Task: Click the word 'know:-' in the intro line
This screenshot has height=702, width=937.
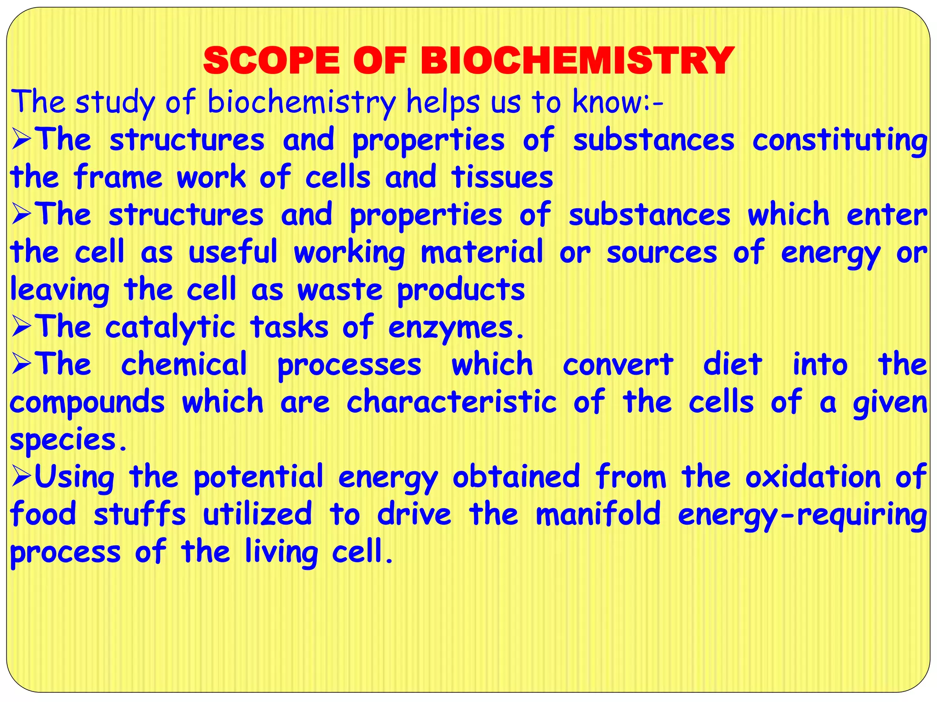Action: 618,102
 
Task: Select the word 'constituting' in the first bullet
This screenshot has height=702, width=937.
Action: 840,140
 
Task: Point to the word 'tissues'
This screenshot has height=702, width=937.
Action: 502,177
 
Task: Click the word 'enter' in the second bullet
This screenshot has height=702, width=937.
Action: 887,215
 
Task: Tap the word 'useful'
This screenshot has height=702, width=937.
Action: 233,252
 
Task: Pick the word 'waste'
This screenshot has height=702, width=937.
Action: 339,290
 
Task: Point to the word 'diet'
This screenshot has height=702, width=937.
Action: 732,365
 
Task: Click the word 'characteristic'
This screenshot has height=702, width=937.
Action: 452,402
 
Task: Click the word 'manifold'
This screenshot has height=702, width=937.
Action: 598,514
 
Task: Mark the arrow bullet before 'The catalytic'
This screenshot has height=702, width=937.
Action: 21,327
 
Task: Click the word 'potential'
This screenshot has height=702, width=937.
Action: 258,477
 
